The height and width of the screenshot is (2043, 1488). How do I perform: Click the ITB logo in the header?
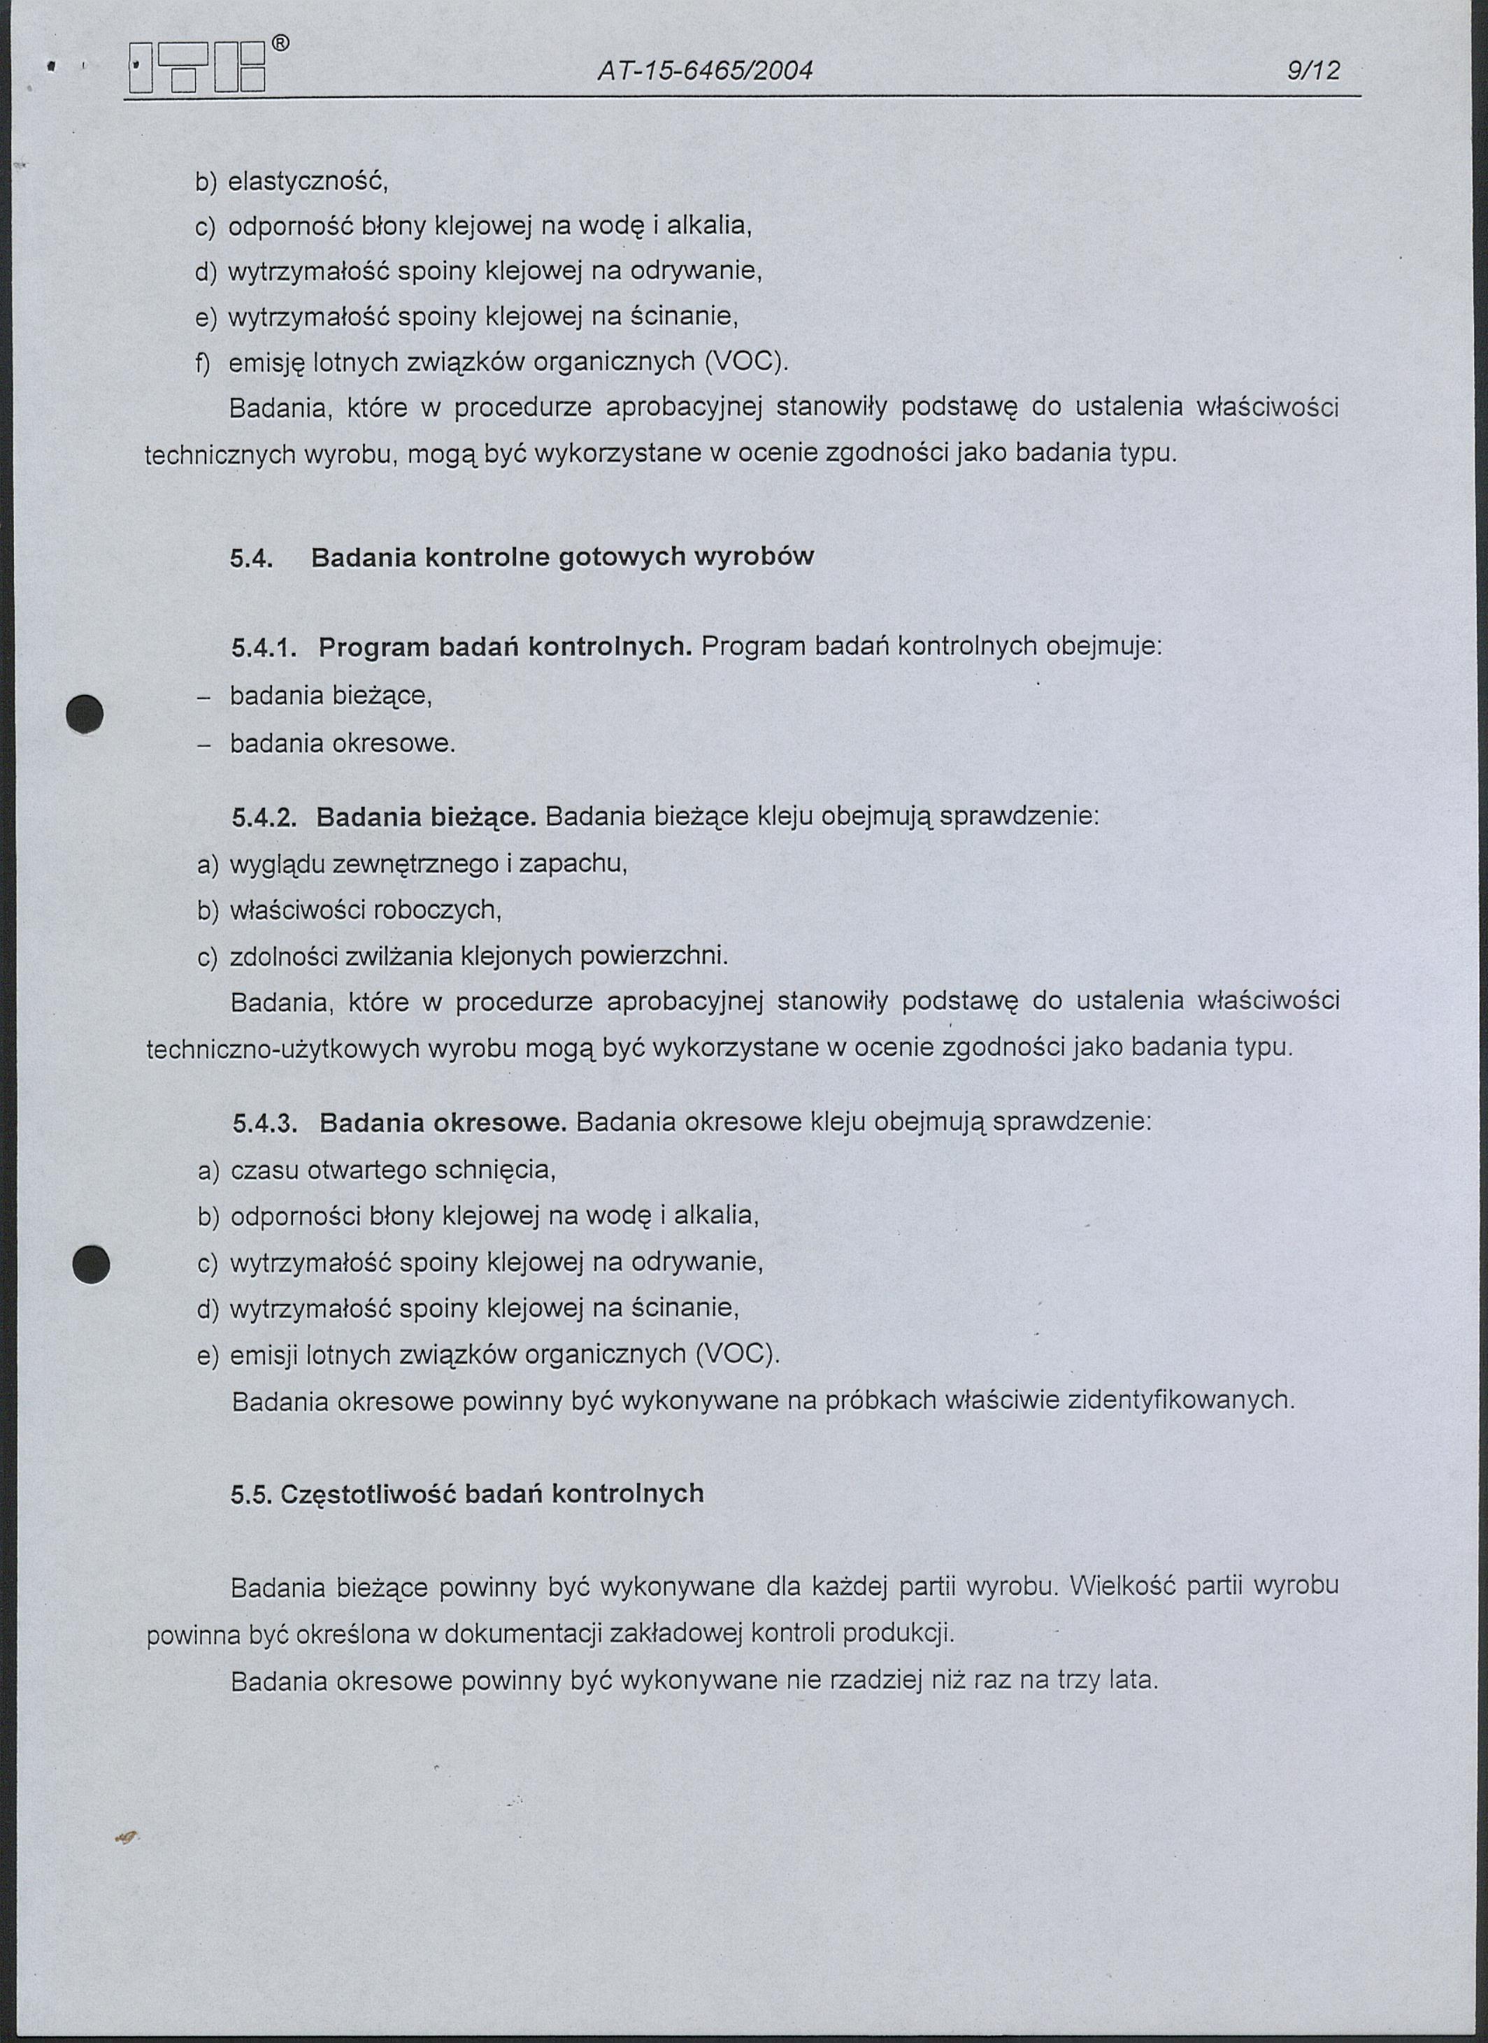tap(196, 69)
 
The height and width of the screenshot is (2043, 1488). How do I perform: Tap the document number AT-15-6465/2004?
tap(706, 70)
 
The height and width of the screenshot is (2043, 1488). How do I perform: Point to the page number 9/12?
tap(1313, 70)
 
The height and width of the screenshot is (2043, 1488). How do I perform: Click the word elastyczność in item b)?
tap(307, 181)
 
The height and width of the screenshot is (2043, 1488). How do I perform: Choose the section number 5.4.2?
tap(264, 817)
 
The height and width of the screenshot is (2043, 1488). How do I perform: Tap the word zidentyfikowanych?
tap(1180, 1400)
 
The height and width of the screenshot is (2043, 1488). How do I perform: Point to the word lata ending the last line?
tap(1132, 1681)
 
